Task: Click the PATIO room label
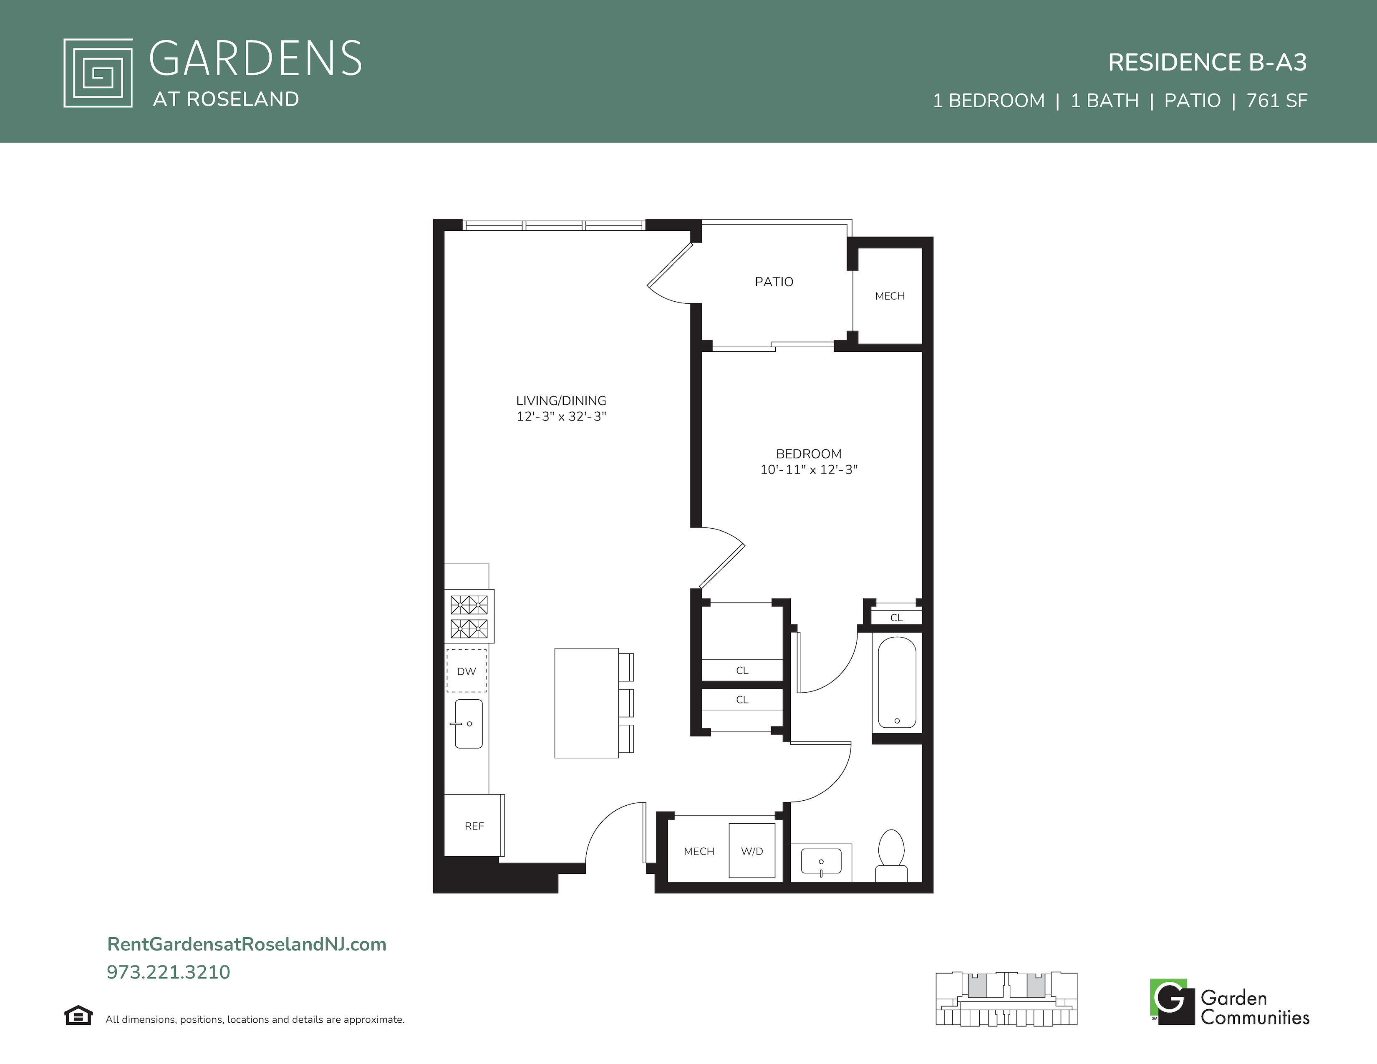774,282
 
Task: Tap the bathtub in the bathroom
897,683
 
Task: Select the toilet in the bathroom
891,856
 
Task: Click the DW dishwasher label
467,671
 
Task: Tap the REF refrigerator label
474,826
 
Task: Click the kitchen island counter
586,703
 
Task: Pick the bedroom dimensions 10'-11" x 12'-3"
809,469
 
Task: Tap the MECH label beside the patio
890,296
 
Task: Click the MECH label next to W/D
699,852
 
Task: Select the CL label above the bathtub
897,618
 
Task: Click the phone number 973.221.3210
168,972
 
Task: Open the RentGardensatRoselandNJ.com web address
247,944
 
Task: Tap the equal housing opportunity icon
78,1016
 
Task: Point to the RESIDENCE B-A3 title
1208,63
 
